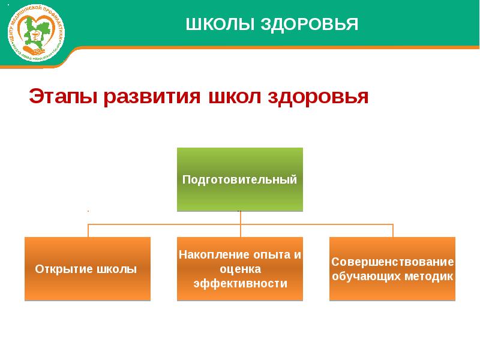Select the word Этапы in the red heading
click(64, 97)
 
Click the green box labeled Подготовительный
click(240, 179)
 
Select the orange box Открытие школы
click(88, 269)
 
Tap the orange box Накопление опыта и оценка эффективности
click(240, 269)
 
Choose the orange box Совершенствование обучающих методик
click(392, 269)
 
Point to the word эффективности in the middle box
click(240, 283)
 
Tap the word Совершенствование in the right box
click(392, 262)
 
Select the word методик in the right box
click(430, 277)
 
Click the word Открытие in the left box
click(64, 269)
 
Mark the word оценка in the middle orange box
click(240, 269)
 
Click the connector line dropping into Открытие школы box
click(88, 231)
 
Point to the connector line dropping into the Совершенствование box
click(393, 231)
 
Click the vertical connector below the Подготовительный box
click(240, 218)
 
